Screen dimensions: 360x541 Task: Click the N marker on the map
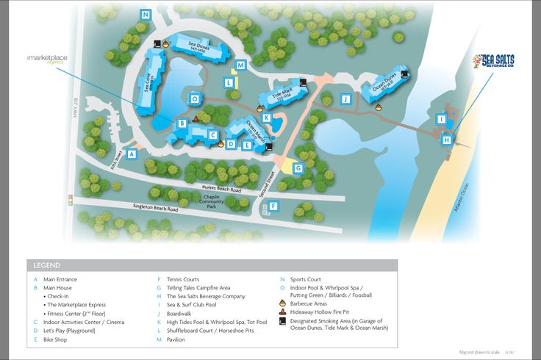(x=146, y=15)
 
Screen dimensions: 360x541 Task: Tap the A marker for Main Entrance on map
(x=132, y=154)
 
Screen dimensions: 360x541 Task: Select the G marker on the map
(x=298, y=168)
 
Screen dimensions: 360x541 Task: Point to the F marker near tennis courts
(x=273, y=206)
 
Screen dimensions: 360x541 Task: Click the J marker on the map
(x=344, y=98)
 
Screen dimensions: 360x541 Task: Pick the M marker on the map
(x=241, y=65)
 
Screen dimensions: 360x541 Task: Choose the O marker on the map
(x=195, y=98)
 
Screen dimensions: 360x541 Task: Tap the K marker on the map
(x=266, y=118)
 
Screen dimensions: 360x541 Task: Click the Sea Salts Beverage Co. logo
(x=493, y=60)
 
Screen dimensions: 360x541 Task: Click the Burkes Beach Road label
(x=221, y=189)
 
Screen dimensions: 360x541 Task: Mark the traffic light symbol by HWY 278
(x=71, y=200)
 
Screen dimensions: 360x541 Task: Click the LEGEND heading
(x=47, y=265)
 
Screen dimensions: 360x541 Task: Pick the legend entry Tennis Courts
(x=183, y=279)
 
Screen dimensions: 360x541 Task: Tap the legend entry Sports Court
(x=305, y=279)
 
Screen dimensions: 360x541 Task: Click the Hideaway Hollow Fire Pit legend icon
(x=283, y=312)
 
